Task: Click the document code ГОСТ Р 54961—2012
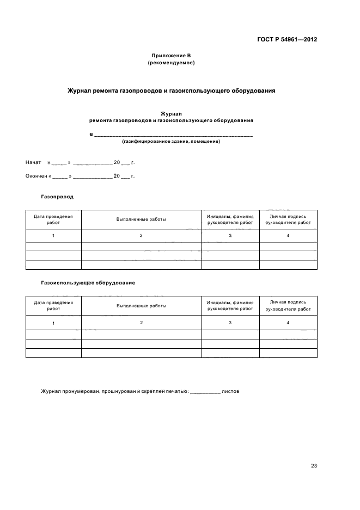pos(287,40)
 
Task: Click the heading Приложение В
pos(171,56)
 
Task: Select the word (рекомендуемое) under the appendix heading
pos(171,63)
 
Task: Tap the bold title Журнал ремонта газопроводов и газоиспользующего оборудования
pos(171,91)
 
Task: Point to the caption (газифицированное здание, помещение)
pos(171,141)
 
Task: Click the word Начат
pos(33,162)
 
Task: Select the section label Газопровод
pos(57,197)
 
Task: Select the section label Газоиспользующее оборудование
pos(88,283)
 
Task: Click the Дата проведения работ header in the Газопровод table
pos(53,219)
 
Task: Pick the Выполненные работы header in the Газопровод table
pos(141,219)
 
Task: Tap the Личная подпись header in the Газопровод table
pos(288,219)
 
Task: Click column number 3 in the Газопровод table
pos(230,235)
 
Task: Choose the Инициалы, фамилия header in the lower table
pos(230,305)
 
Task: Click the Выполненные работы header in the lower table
pos(141,306)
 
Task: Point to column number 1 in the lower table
pos(53,323)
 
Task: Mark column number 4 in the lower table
pos(288,323)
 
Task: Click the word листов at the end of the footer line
pos(231,391)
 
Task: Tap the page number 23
pos(314,465)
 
